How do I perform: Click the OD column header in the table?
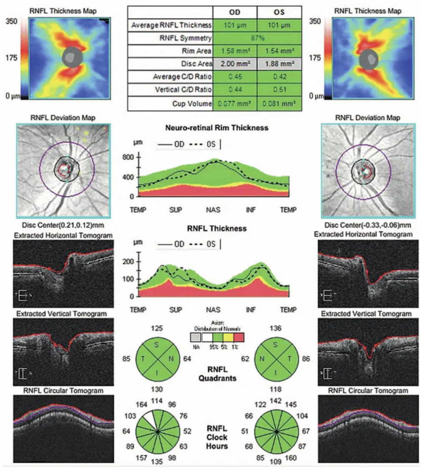pyautogui.click(x=235, y=12)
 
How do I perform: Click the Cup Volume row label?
pyautogui.click(x=192, y=104)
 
